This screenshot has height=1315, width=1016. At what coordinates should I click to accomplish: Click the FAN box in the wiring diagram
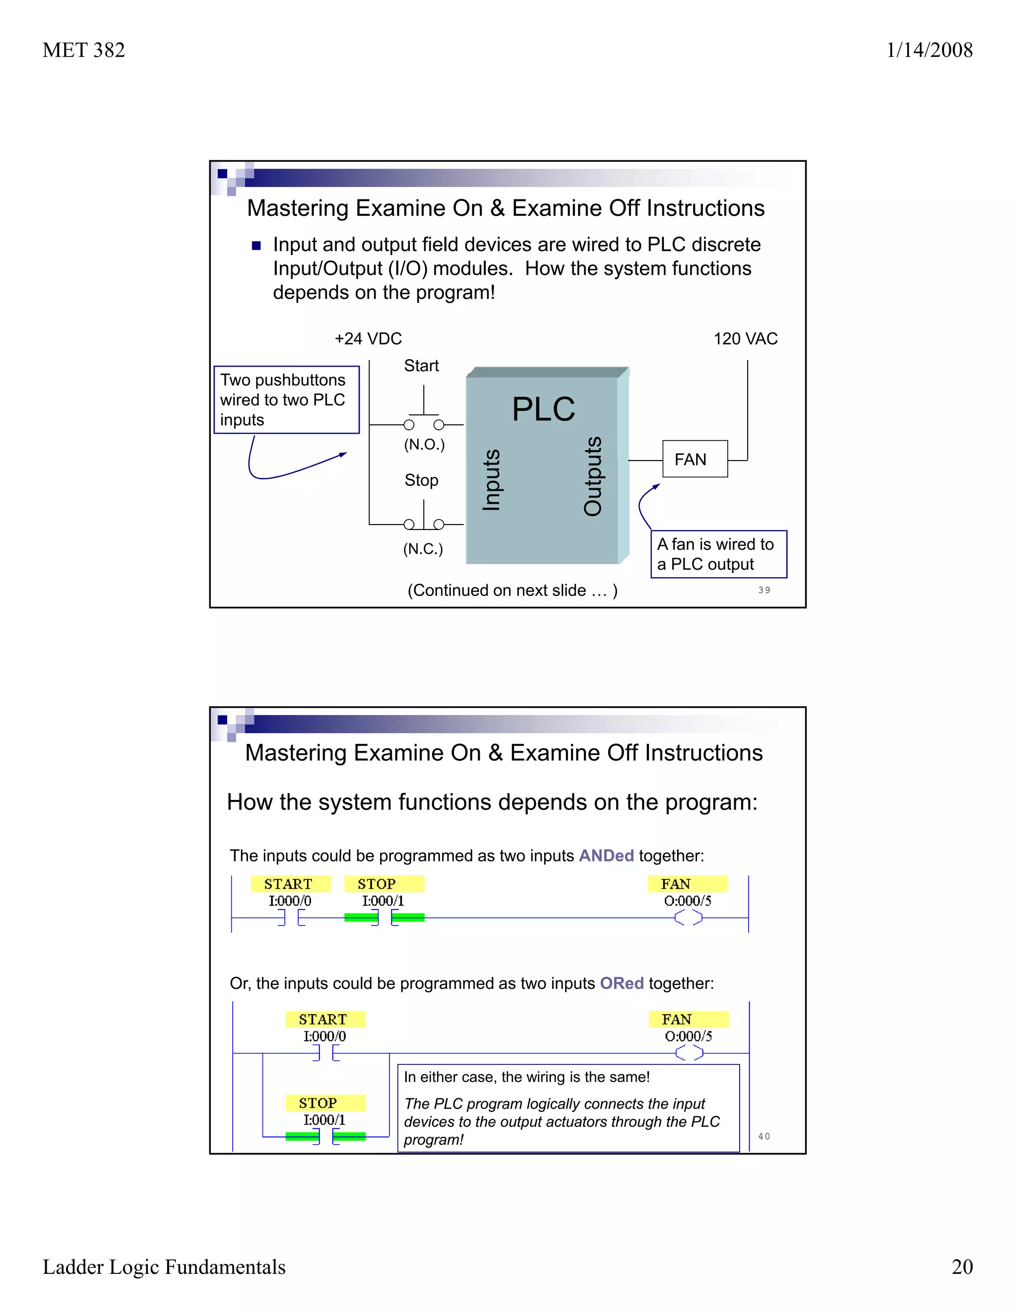[x=695, y=459]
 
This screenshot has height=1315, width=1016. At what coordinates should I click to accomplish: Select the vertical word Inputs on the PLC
[x=492, y=479]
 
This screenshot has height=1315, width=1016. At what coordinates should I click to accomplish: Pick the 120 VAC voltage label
[x=745, y=338]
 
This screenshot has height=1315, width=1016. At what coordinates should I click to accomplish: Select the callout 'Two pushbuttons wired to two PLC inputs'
[x=287, y=400]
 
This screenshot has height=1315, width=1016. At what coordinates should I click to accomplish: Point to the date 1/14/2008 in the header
[x=929, y=50]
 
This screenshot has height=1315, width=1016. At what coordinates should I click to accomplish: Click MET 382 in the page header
[x=84, y=50]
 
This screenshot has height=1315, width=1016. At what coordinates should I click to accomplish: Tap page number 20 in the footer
[x=962, y=1266]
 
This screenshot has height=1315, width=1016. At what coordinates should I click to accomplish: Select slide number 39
[x=764, y=590]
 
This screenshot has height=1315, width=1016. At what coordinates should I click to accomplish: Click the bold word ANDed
[x=606, y=855]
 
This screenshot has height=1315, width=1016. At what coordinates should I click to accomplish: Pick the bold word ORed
[x=622, y=983]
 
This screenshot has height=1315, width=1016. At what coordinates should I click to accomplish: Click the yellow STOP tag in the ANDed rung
[x=384, y=884]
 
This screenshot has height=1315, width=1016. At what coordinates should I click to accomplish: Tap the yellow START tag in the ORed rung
[x=325, y=1019]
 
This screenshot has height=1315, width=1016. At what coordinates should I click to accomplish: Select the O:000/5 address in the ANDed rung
[x=688, y=901]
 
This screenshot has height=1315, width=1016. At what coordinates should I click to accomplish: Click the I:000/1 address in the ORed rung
[x=324, y=1120]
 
